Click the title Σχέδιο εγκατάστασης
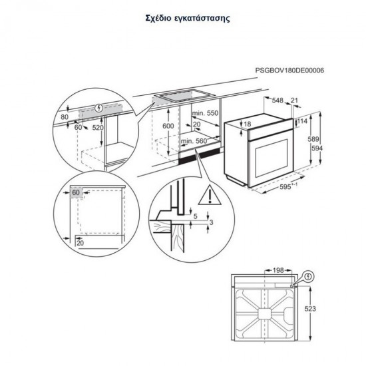[183, 19]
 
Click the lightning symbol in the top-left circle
[100, 106]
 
